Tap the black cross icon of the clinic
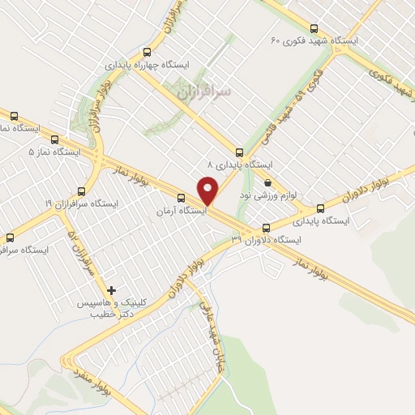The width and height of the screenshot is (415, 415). tap(112, 289)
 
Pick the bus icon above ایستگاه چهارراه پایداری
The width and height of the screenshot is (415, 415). tap(146, 49)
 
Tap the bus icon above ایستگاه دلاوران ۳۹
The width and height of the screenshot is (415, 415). tap(267, 228)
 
